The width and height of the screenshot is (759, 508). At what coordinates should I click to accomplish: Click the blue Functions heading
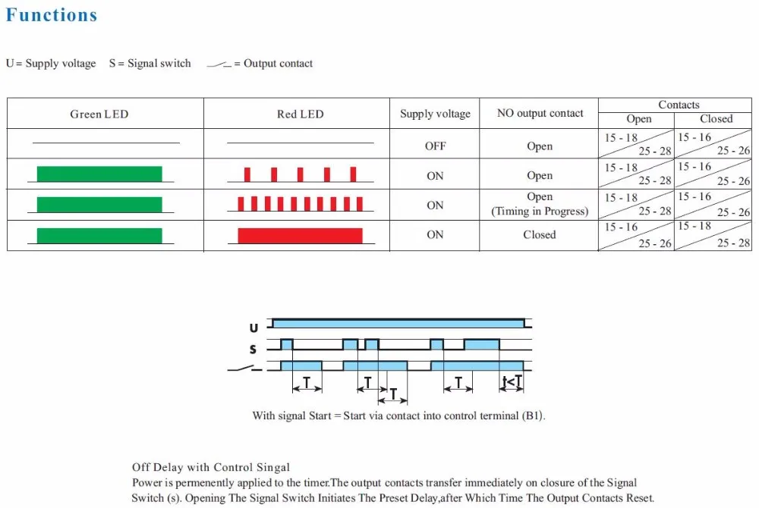(52, 15)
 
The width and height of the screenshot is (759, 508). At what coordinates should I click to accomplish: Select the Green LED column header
(99, 114)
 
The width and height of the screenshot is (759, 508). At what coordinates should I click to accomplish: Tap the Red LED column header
(300, 114)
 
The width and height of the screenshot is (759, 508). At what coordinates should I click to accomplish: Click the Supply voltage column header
(435, 114)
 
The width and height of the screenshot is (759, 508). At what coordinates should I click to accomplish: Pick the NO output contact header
(540, 114)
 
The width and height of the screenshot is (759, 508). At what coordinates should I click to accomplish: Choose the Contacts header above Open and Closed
(679, 105)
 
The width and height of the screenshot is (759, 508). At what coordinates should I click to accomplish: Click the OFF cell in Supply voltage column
(435, 146)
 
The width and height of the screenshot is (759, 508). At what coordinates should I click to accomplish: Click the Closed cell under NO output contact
(539, 235)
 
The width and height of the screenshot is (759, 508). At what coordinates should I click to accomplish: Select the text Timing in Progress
(540, 212)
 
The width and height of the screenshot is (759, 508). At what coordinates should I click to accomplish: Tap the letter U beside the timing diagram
(254, 328)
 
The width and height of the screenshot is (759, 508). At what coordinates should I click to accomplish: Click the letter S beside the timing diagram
(254, 350)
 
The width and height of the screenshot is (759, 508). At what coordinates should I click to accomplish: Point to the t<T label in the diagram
(512, 381)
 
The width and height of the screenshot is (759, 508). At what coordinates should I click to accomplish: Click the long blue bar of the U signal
(398, 323)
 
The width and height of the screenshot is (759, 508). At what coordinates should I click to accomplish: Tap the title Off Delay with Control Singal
(211, 467)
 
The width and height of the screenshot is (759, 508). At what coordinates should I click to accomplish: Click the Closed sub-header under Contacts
(716, 119)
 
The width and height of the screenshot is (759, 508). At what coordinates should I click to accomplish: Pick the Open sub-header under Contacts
(638, 119)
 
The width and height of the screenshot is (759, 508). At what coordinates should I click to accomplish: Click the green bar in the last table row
(99, 235)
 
